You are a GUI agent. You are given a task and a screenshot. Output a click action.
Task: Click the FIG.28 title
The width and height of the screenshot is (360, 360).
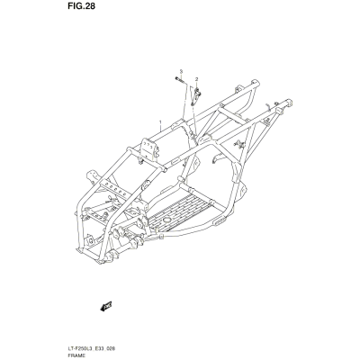click(81, 6)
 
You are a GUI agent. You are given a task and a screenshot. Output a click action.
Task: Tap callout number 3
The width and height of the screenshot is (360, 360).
click(181, 71)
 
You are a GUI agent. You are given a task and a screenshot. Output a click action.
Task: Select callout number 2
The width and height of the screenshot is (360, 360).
click(197, 79)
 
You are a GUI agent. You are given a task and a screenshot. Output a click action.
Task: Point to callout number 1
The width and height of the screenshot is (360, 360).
click(160, 122)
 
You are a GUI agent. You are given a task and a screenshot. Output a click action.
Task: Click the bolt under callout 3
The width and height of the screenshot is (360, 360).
click(180, 80)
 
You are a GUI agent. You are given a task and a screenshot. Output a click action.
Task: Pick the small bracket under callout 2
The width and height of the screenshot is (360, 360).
click(195, 96)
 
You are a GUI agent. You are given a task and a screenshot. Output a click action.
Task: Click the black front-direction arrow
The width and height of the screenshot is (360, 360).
click(105, 306)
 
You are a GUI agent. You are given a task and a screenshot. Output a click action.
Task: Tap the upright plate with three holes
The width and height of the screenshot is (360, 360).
click(148, 148)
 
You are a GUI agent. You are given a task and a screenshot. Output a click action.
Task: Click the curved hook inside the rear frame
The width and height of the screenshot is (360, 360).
click(218, 158)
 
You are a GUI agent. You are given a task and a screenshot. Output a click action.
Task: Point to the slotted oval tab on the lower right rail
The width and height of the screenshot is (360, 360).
click(220, 221)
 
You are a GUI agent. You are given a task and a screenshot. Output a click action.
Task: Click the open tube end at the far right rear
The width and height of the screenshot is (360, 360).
click(289, 103)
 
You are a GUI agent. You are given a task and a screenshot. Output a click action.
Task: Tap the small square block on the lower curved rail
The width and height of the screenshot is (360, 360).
click(161, 237)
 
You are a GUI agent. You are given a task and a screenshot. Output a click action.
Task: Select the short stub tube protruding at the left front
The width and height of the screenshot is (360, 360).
click(91, 175)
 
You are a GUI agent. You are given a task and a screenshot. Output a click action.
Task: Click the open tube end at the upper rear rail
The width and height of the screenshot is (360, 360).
click(255, 83)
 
